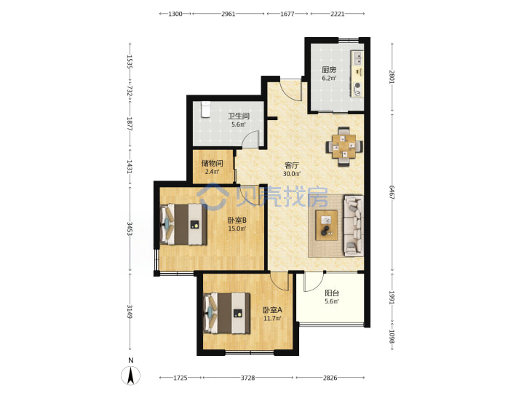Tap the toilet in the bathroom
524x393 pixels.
pyautogui.click(x=205, y=110)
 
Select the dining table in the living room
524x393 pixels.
pyautogui.click(x=344, y=146)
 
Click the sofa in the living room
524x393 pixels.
pyautogui.click(x=354, y=226)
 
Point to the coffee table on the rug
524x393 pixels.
pyautogui.click(x=327, y=225)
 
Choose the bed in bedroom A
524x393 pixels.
pyautogui.click(x=227, y=313)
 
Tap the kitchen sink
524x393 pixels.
pyautogui.click(x=357, y=58)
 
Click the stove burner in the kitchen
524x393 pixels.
pyautogui.click(x=357, y=86)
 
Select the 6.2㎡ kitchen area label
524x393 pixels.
pyautogui.click(x=329, y=78)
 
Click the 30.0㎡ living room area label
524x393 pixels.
pyautogui.click(x=292, y=174)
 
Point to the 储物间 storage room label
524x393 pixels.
pyautogui.click(x=213, y=164)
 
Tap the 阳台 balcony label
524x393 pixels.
pyautogui.click(x=332, y=293)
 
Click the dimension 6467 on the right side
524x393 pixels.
pyautogui.click(x=392, y=192)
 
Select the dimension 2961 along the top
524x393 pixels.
pyautogui.click(x=229, y=14)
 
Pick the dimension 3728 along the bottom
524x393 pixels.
pyautogui.click(x=247, y=378)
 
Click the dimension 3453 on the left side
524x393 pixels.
pyautogui.click(x=130, y=229)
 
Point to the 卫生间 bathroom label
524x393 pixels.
pyautogui.click(x=239, y=116)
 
